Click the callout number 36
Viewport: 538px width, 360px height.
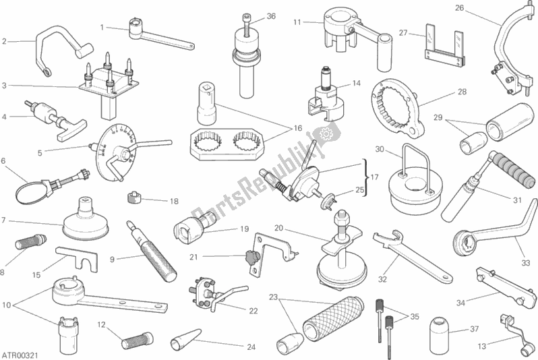pyautogui.click(x=271, y=16)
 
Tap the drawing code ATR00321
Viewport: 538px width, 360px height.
pyautogui.click(x=20, y=355)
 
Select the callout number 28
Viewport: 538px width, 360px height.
pyautogui.click(x=462, y=92)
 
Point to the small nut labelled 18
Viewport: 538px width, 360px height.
pyautogui.click(x=135, y=198)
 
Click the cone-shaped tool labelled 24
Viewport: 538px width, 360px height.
pyautogui.click(x=185, y=338)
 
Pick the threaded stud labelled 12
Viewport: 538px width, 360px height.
pyautogui.click(x=136, y=340)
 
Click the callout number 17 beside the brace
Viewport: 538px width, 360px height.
pyautogui.click(x=374, y=177)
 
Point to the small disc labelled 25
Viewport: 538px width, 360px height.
pyautogui.click(x=328, y=201)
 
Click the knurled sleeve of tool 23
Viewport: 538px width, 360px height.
pyautogui.click(x=334, y=319)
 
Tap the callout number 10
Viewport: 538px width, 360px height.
pyautogui.click(x=7, y=305)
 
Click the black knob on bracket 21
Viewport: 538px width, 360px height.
pyautogui.click(x=251, y=256)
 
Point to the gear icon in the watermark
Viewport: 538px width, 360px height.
pyautogui.click(x=324, y=133)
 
